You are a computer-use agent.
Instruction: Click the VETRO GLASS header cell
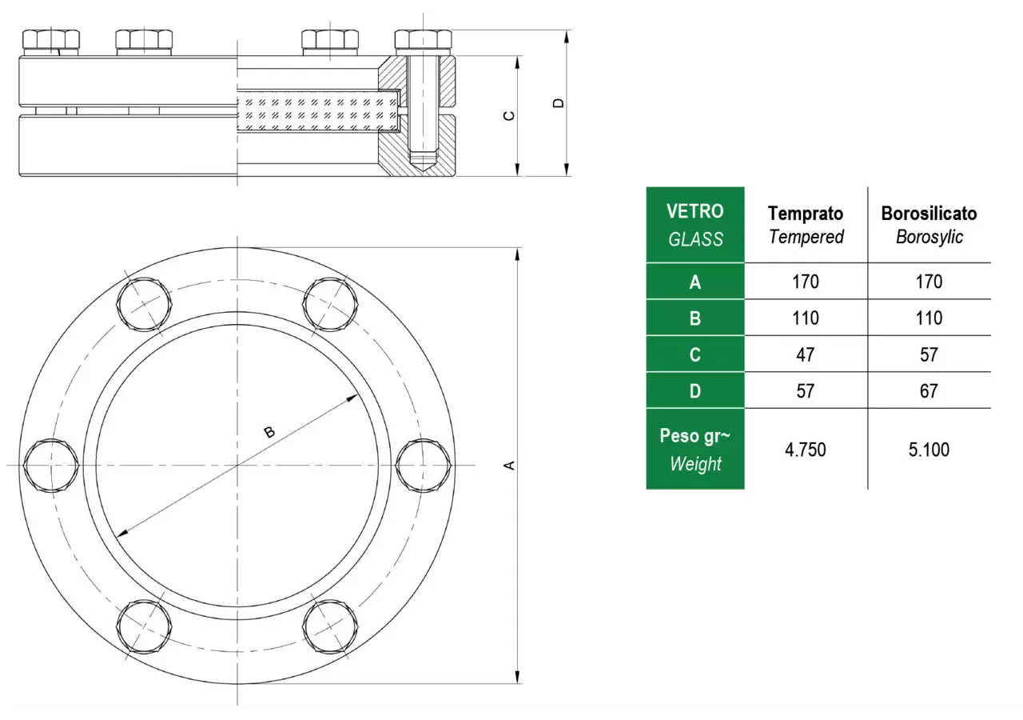695,225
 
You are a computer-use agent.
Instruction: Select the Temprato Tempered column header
806,225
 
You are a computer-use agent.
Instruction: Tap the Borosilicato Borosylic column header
929,225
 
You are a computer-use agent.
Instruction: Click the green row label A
695,282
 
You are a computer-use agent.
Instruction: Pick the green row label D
695,391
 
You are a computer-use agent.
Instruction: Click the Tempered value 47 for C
805,354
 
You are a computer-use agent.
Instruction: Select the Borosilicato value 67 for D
929,391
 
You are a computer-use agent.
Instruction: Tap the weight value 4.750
805,450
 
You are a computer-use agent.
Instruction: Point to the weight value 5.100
929,450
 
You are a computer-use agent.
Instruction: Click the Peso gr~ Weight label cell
695,449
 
